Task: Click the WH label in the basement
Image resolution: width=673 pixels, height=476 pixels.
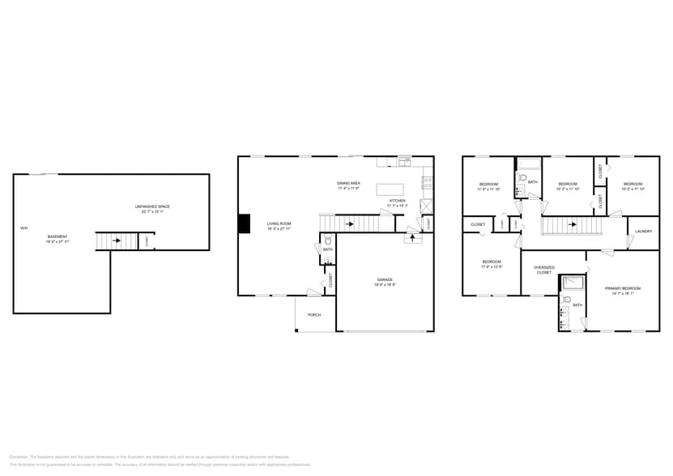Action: (x=23, y=228)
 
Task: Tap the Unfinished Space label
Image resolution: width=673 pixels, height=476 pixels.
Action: (x=152, y=206)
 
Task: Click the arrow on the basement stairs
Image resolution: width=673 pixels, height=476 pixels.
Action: (x=116, y=240)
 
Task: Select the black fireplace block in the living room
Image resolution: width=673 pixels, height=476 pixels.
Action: (x=244, y=223)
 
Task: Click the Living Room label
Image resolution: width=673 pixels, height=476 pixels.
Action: (x=279, y=223)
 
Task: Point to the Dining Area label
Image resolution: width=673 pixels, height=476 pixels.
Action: (x=350, y=184)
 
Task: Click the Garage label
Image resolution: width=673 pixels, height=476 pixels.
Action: (x=384, y=280)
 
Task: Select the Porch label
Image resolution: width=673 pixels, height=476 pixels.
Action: (x=313, y=315)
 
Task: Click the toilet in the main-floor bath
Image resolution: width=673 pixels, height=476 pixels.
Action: (x=327, y=241)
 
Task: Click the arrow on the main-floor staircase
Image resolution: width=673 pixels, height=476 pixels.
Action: (x=350, y=223)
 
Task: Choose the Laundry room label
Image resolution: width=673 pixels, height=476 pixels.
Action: (x=644, y=232)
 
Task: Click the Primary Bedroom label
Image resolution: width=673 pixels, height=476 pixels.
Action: (x=622, y=288)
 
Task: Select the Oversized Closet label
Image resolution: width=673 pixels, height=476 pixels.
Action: (x=544, y=270)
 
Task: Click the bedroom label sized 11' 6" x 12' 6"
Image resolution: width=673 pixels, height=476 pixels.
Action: (x=492, y=262)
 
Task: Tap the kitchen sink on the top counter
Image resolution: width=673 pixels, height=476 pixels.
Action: (x=405, y=163)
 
